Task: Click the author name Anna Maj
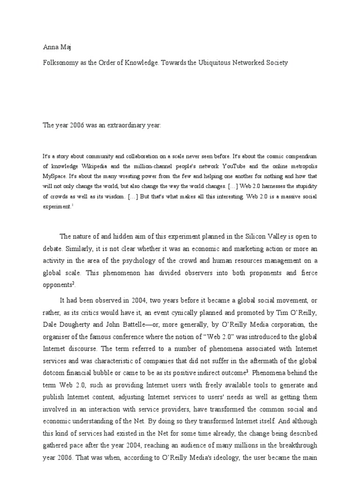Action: click(53, 46)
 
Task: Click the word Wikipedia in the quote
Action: click(95, 166)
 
